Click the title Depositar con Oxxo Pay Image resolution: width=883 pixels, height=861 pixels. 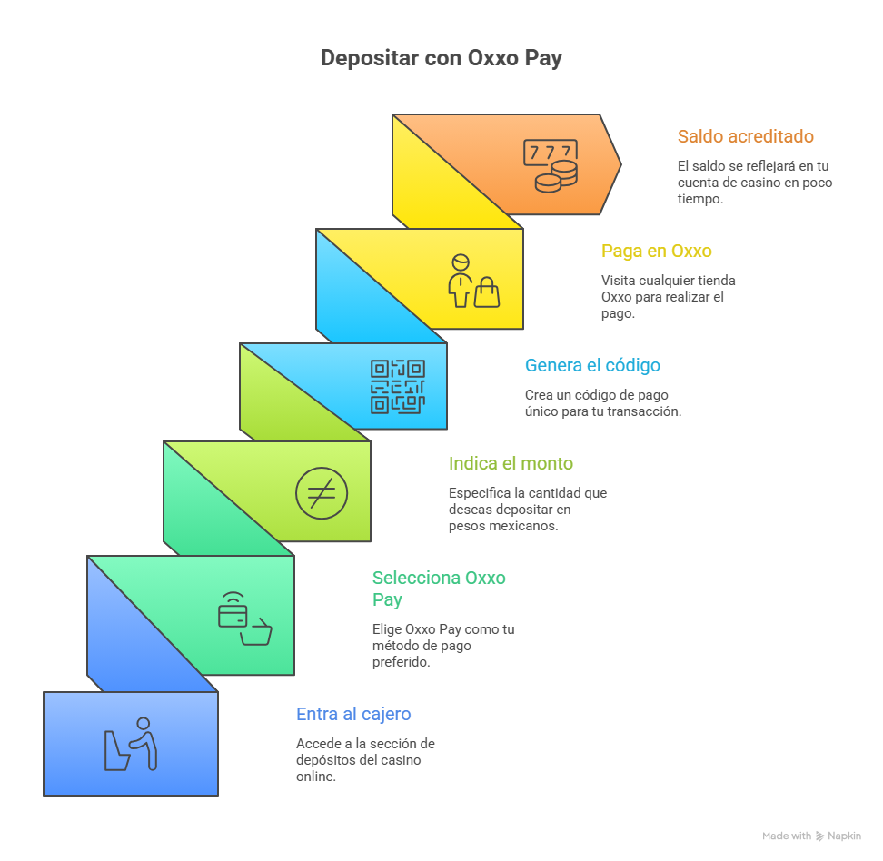[441, 58]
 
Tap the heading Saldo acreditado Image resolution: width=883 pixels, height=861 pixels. [746, 136]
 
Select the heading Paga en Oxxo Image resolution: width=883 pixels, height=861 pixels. [657, 251]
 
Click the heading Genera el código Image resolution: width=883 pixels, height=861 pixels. [592, 365]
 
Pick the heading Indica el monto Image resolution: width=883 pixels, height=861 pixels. [511, 463]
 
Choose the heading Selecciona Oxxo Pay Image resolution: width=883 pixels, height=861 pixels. [439, 589]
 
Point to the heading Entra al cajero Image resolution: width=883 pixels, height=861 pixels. [353, 714]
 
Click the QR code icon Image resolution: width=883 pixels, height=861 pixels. [398, 387]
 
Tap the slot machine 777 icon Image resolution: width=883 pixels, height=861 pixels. [551, 166]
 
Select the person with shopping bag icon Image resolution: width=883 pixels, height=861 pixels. [473, 281]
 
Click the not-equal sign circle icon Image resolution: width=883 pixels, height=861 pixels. [322, 493]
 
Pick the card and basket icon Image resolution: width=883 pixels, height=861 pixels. [245, 619]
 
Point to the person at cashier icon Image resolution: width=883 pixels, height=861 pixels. [131, 743]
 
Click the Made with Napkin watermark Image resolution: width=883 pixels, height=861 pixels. [811, 836]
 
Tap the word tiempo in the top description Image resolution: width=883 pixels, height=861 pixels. [700, 199]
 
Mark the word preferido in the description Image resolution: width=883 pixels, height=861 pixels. [401, 662]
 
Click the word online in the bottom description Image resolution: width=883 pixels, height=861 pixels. [316, 777]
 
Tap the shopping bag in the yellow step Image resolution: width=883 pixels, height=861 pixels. [487, 292]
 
